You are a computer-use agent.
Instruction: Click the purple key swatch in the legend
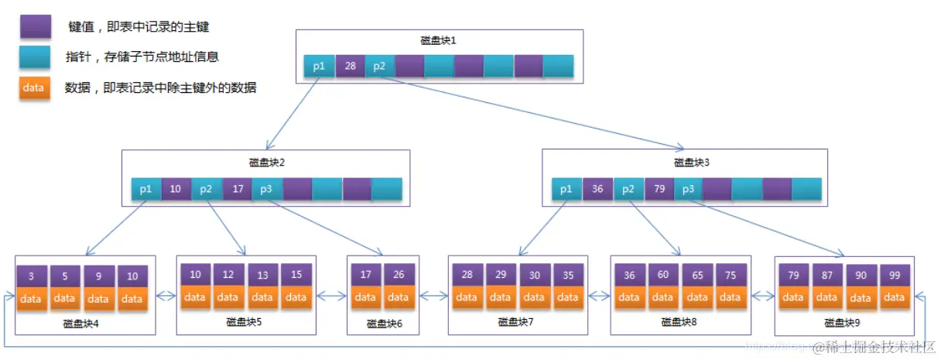[35, 27]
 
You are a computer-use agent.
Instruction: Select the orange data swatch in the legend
[35, 87]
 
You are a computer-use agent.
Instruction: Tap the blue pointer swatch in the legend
[35, 57]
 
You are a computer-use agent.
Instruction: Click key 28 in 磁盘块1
[350, 67]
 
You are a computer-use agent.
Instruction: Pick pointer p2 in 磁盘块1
[379, 67]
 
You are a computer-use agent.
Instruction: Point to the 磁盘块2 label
[265, 163]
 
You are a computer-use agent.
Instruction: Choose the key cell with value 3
[30, 276]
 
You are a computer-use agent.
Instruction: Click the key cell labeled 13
[262, 275]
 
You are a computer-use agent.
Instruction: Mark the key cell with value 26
[399, 275]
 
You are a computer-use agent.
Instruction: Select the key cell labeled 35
[567, 275]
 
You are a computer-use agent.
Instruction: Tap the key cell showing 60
[663, 275]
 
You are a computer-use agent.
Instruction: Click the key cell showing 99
[895, 276]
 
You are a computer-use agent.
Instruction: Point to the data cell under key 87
[826, 297]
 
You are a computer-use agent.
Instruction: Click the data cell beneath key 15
[296, 297]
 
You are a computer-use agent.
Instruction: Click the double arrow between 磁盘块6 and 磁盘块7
[434, 295]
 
